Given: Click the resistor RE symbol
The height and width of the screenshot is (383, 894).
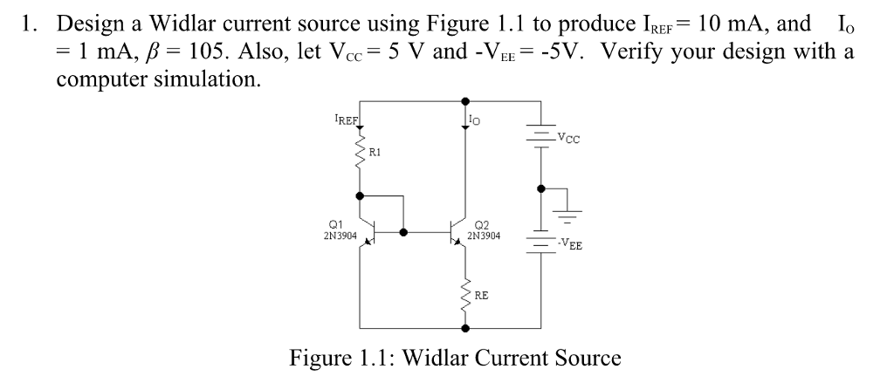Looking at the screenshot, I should (x=464, y=296).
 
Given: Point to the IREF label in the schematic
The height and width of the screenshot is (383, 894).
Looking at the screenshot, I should (x=347, y=116).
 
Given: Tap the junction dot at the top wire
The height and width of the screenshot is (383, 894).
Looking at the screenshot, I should (x=464, y=101).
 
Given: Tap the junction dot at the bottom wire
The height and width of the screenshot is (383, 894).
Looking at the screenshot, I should (x=464, y=328).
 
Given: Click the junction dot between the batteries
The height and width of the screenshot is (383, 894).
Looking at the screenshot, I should (x=541, y=188).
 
